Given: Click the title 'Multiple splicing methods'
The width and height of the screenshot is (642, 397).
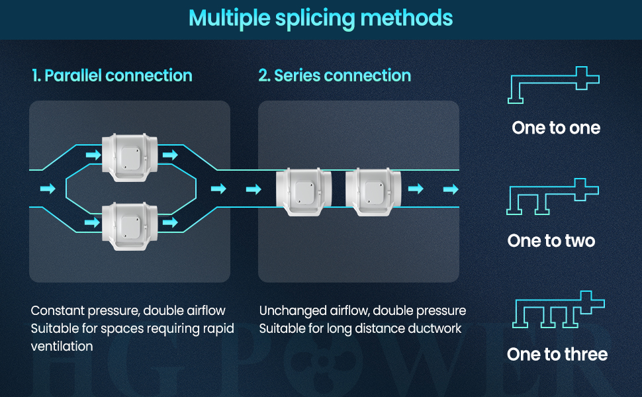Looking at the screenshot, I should pos(321,18).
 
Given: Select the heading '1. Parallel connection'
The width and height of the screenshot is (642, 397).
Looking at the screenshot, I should pos(112,75).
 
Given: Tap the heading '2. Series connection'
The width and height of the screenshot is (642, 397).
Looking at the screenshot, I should pos(334,75).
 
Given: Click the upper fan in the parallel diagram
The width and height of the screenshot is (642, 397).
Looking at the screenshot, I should pos(130,157).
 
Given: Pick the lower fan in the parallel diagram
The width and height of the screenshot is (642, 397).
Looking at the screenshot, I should pos(130,222).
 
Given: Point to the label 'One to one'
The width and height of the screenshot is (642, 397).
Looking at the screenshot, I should pos(556,128).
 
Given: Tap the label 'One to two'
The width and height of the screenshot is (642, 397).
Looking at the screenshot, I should pos(551,241).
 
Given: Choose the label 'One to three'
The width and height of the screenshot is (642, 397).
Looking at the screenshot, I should pos(557,355).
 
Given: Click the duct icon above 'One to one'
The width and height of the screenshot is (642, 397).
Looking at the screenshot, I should pos(554,85).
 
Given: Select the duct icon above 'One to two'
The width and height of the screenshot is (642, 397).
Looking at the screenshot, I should pos(553,197).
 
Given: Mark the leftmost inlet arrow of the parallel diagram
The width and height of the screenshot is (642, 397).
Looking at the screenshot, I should pos(48,189).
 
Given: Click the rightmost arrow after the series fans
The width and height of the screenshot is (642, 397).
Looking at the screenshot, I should pos(451,189).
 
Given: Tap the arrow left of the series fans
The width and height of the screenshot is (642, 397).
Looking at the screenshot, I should pos(253,190).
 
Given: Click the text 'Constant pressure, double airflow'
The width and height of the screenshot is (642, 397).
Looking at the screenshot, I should pos(128,311).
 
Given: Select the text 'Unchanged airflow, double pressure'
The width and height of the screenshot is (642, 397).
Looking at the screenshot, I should pos(363,311).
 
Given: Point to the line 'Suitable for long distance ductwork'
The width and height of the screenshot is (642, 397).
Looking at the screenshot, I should pos(360,328).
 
